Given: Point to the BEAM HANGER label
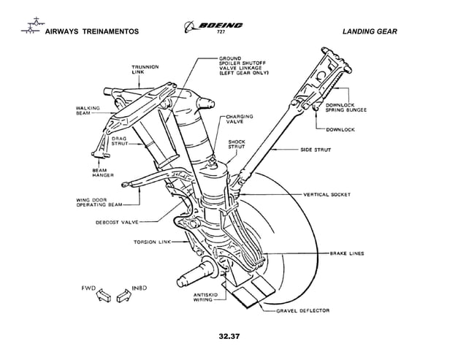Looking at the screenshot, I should pos(99,173).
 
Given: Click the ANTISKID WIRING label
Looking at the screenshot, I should pos(187,296).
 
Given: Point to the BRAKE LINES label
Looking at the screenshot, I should pos(347,253).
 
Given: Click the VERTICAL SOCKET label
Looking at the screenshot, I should pos(326,194).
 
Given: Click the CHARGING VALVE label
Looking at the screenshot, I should pos(240,119).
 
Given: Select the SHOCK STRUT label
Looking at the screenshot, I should pos(237,145).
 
